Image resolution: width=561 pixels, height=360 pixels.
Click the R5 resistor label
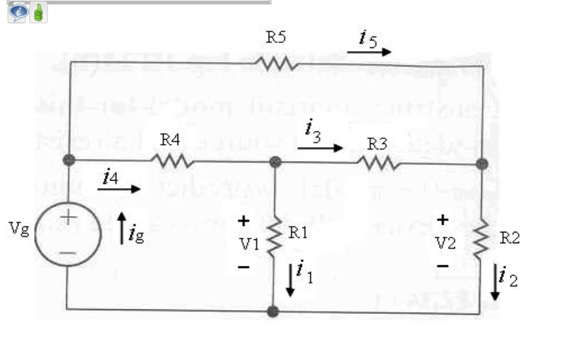point(275,37)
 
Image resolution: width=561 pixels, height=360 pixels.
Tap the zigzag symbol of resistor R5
point(275,63)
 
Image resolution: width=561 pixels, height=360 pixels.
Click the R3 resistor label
point(377,143)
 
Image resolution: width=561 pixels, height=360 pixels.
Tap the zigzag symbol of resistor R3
point(378,163)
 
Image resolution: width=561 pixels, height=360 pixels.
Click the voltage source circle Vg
point(67,238)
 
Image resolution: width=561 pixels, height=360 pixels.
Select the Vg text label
point(18,228)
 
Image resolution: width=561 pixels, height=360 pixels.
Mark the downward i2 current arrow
point(496,284)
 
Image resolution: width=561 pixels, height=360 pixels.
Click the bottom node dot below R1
point(273,311)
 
